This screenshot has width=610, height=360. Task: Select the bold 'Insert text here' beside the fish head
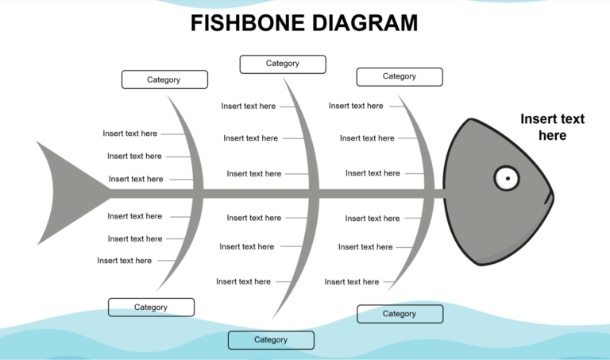(x=552, y=127)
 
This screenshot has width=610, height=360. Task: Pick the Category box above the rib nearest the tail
(x=164, y=79)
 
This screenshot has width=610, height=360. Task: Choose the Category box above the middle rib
(x=283, y=64)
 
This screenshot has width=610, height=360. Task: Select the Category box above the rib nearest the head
(x=400, y=76)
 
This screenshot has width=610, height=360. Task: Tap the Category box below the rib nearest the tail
(x=151, y=308)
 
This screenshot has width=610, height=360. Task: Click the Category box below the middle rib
(x=271, y=340)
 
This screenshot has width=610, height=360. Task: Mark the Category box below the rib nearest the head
(x=400, y=314)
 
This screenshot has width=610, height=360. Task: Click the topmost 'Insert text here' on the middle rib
(x=249, y=106)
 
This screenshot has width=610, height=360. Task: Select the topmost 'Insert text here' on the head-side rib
(x=356, y=106)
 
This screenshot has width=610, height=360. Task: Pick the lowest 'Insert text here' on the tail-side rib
(x=125, y=261)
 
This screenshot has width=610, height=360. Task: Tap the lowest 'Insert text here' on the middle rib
(x=243, y=281)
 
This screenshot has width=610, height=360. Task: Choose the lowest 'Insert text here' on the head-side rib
(x=352, y=281)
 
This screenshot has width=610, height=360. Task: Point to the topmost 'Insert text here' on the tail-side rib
(x=130, y=134)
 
